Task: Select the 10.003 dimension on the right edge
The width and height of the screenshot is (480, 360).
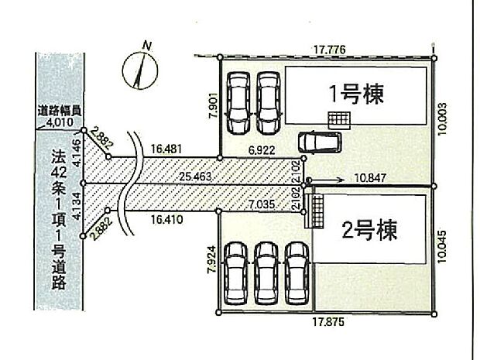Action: tap(442, 121)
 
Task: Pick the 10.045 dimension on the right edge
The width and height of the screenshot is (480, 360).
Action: tap(442, 249)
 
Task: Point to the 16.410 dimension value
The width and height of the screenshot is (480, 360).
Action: tap(168, 219)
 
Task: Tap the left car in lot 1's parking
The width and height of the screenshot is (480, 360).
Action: tap(238, 102)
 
